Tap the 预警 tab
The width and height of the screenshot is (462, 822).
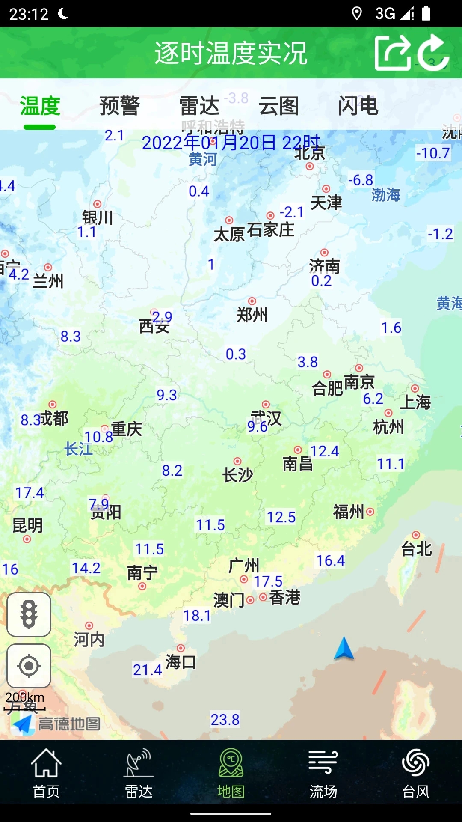[x=119, y=106]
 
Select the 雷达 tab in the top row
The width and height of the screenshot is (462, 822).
[x=199, y=106]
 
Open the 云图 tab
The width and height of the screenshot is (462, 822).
[x=278, y=106]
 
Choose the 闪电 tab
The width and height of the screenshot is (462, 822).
[x=358, y=106]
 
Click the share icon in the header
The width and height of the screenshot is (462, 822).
[x=392, y=53]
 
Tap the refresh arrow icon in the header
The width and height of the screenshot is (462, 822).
[x=433, y=53]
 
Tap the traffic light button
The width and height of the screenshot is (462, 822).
[x=29, y=614]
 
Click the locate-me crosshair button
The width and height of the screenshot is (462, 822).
[x=29, y=666]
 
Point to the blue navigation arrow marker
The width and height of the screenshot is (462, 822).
[x=344, y=648]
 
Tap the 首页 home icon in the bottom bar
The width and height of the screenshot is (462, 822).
[x=46, y=773]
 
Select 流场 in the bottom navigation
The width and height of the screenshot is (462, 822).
[x=323, y=773]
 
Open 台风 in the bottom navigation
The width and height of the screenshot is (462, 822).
[x=416, y=773]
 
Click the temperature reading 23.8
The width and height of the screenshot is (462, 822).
[x=225, y=720]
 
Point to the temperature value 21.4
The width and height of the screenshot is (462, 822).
[x=147, y=670]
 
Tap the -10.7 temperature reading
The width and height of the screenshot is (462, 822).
[x=433, y=153]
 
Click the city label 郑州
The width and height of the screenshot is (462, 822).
[x=252, y=315]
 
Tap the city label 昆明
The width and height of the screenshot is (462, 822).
[x=27, y=525]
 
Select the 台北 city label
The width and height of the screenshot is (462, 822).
[x=416, y=549]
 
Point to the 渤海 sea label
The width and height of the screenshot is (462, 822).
[x=386, y=195]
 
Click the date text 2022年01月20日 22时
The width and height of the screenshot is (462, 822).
[x=231, y=143]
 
